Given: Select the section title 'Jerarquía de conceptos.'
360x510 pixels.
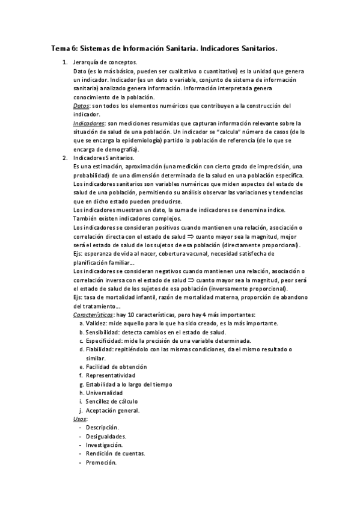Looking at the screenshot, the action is (105, 62).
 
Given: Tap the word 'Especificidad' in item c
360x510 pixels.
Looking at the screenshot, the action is (105, 341).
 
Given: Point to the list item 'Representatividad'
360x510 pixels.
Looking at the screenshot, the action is (111, 375).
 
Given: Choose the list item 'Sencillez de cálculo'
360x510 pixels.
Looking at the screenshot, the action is (111, 401).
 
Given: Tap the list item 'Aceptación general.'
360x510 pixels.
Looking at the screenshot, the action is (112, 410).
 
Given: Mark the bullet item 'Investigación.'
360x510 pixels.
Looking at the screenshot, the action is (103, 445).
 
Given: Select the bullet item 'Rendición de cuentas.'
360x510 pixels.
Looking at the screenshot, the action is (115, 454).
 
